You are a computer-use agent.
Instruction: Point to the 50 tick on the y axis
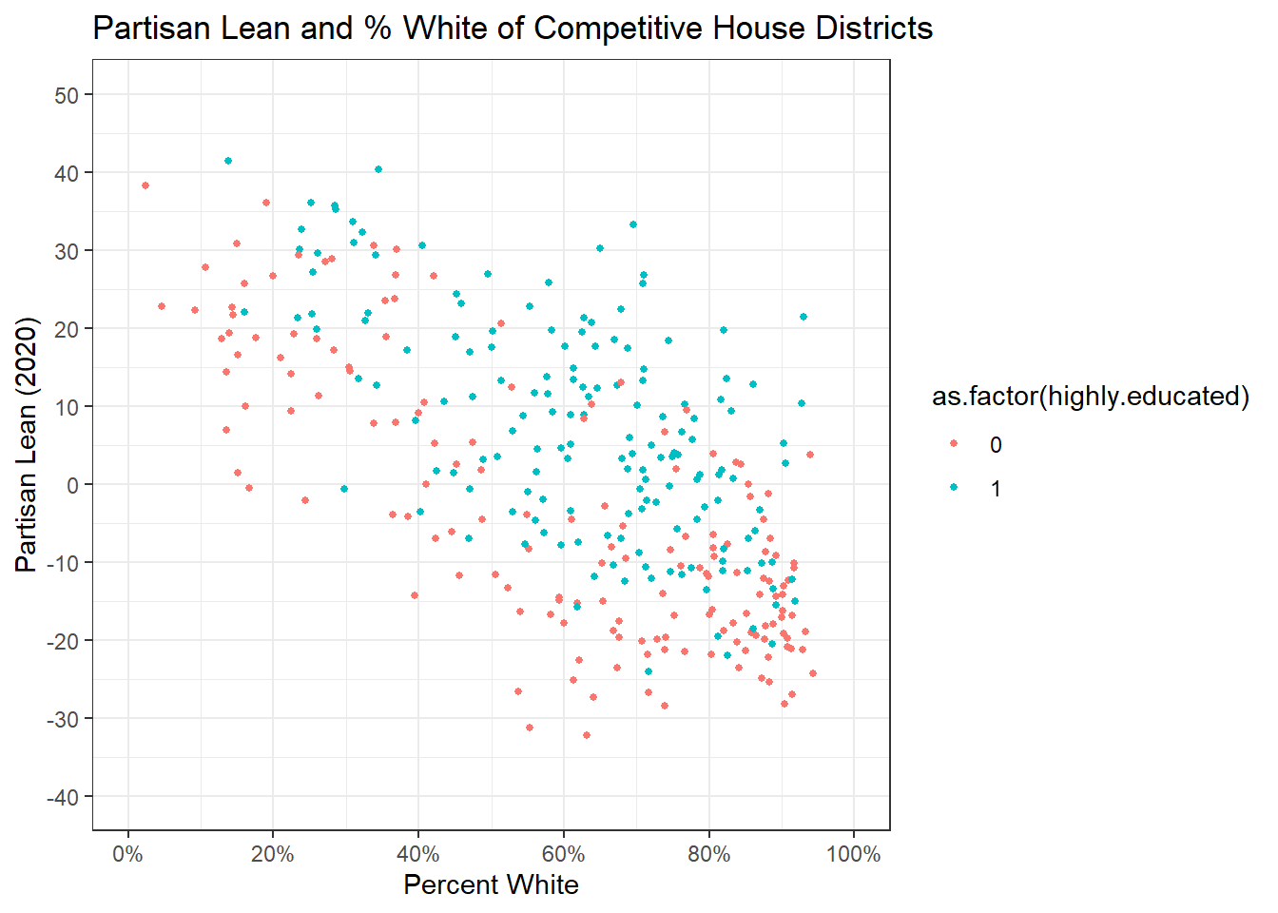point(68,95)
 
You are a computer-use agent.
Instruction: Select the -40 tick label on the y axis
point(63,797)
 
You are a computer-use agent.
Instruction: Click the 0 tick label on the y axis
point(73,485)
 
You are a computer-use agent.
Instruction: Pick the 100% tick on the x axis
point(853,854)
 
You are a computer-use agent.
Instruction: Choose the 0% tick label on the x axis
point(127,854)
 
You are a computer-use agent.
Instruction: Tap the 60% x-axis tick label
point(563,854)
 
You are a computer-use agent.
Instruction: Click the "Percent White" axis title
point(491,884)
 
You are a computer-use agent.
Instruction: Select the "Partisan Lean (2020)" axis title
point(27,445)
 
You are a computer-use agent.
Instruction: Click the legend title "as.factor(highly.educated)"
point(1090,396)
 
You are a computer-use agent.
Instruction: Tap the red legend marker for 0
point(954,444)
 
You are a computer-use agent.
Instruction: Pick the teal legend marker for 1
point(954,488)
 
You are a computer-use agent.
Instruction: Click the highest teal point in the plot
point(228,161)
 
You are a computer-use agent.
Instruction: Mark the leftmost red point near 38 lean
point(145,185)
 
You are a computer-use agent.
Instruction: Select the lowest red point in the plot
point(587,735)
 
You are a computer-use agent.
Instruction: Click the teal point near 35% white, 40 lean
point(378,169)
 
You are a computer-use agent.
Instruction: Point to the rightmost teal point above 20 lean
point(804,317)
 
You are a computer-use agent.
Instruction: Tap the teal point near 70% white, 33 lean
point(633,224)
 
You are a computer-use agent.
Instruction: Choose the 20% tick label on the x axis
point(273,854)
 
